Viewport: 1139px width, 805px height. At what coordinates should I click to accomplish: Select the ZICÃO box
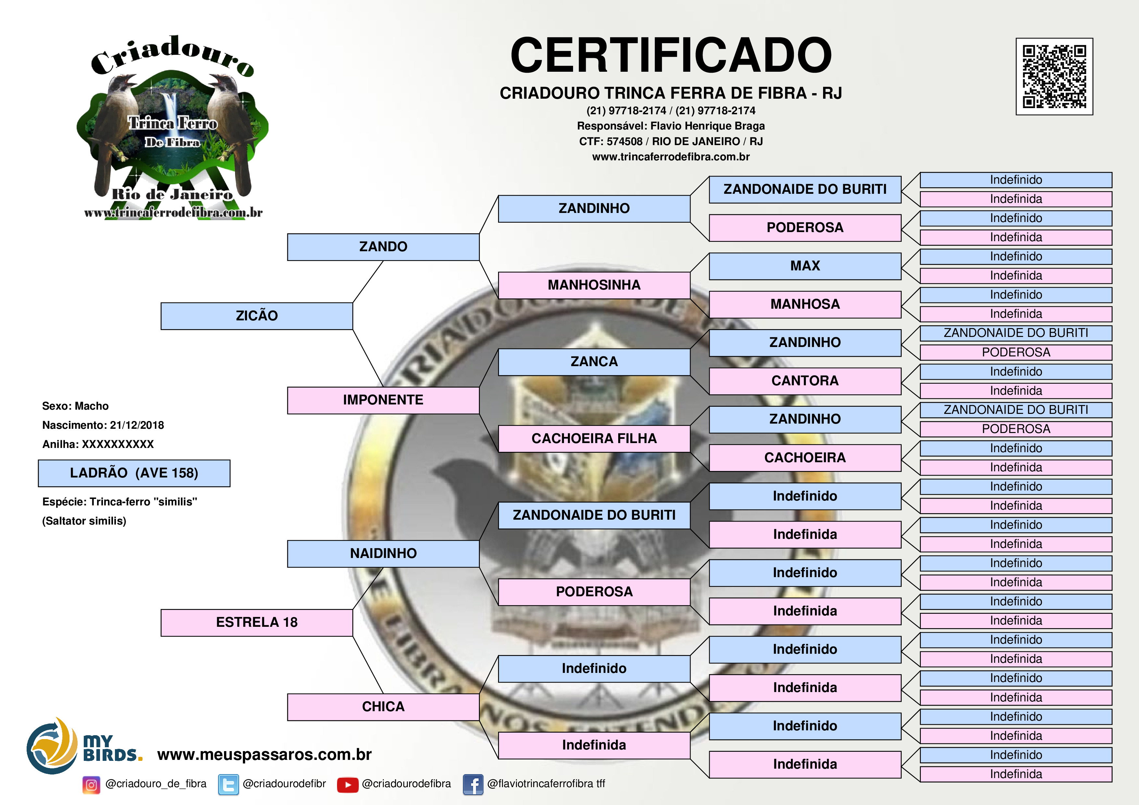[257, 316]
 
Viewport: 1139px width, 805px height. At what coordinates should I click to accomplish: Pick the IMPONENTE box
[383, 400]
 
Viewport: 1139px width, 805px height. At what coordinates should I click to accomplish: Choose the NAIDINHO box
[383, 553]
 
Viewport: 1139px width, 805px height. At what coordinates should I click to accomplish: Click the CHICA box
[383, 707]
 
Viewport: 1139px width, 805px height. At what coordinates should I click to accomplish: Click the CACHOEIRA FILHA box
[594, 439]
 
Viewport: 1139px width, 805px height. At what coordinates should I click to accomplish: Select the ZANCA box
[594, 362]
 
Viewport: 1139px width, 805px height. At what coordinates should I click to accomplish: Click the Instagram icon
[91, 785]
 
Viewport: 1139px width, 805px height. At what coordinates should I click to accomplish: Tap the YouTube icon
[347, 785]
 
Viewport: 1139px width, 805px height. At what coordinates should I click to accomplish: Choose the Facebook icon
[473, 785]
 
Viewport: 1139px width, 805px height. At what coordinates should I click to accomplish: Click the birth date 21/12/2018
[137, 425]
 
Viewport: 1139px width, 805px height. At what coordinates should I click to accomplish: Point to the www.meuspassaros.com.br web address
[264, 754]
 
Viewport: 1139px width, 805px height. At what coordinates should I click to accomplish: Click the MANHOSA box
[805, 304]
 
